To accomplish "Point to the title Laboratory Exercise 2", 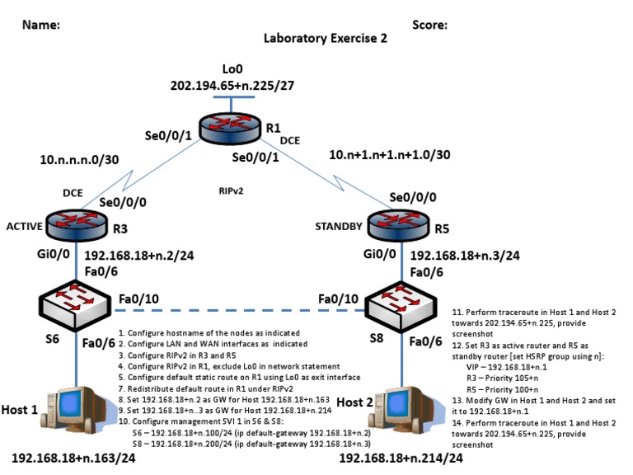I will click(x=324, y=39).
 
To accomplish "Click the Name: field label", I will click(x=40, y=25).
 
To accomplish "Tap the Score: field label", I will click(x=427, y=25).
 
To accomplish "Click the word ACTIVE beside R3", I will click(x=23, y=226).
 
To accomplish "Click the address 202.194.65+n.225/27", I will click(x=232, y=85).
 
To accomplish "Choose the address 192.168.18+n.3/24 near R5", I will click(x=463, y=256).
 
